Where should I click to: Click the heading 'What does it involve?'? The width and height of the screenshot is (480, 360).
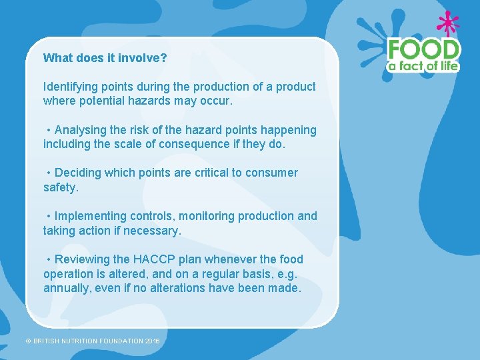[105, 58]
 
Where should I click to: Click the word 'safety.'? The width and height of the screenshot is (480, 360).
[61, 187]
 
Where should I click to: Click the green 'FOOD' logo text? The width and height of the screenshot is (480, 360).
[424, 49]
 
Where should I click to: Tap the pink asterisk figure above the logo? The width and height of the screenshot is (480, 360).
[447, 23]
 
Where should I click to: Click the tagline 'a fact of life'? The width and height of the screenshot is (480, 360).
[424, 65]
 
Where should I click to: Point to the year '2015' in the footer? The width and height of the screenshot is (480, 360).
[153, 341]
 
